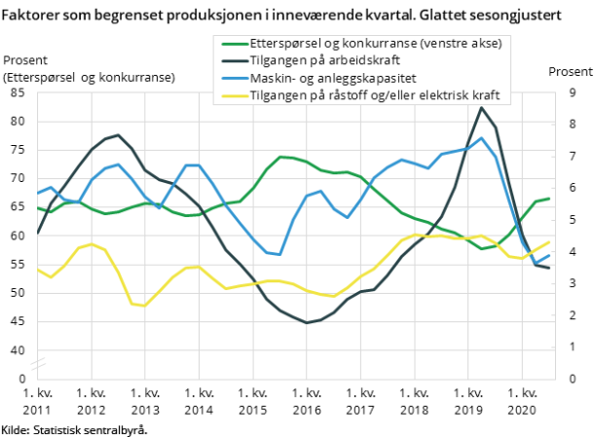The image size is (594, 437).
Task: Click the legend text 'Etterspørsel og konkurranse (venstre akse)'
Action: (x=376, y=44)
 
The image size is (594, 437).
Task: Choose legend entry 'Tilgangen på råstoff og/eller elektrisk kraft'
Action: (x=375, y=96)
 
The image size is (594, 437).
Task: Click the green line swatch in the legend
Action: (x=233, y=44)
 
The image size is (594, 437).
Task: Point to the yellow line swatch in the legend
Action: (x=233, y=96)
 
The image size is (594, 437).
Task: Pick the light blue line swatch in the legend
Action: (x=233, y=79)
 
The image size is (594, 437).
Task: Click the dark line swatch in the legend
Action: (x=233, y=61)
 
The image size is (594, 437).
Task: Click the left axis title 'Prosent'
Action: (x=25, y=60)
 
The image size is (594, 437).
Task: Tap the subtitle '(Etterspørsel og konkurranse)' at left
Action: (x=89, y=77)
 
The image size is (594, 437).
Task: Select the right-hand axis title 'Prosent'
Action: (x=571, y=72)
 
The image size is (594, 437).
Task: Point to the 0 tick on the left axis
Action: (x=21, y=379)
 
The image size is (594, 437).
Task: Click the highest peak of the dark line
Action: (x=480, y=107)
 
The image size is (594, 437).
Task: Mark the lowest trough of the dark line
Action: (x=307, y=322)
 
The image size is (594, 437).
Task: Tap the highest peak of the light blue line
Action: (x=481, y=138)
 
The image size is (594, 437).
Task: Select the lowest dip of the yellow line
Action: (x=145, y=306)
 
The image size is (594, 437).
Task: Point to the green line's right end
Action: (x=550, y=199)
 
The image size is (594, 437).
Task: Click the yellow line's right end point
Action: (x=550, y=241)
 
